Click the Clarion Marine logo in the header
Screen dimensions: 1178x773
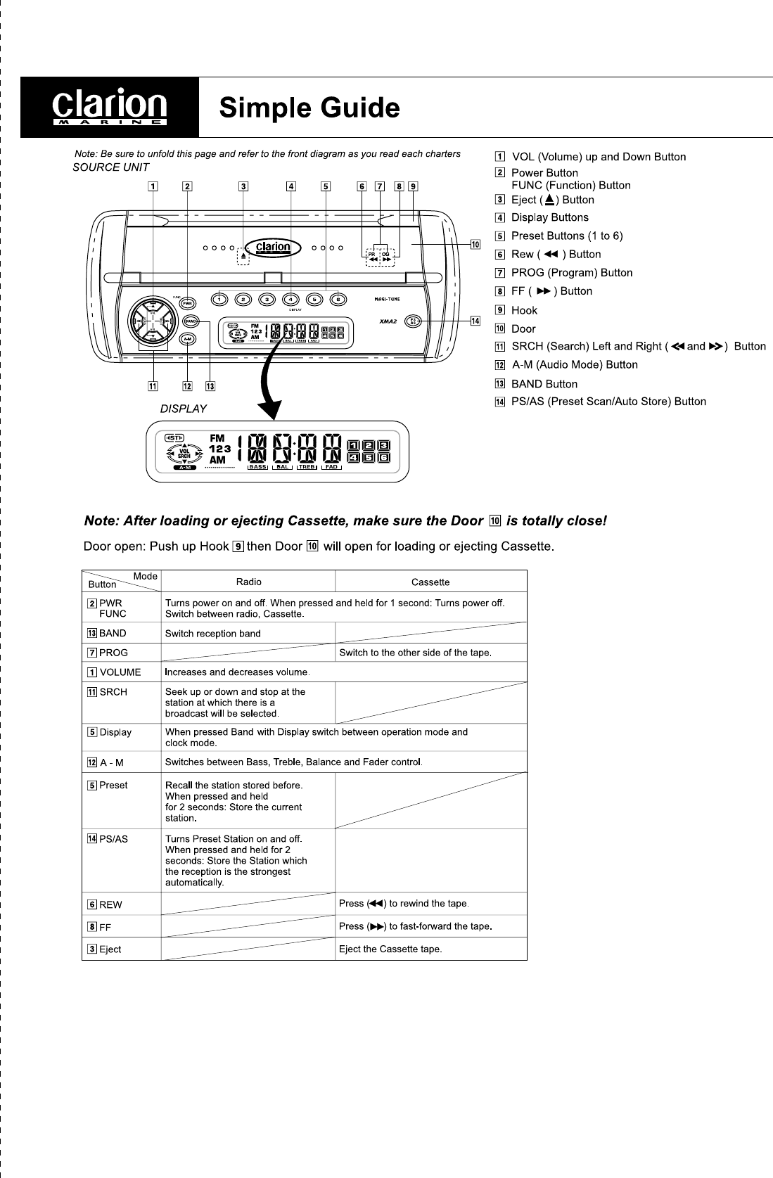tap(110, 107)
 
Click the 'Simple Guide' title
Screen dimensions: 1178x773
tap(309, 108)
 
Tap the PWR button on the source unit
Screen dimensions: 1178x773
tap(188, 303)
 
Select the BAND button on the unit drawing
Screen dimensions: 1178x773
tap(191, 321)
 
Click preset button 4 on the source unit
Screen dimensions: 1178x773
tap(291, 299)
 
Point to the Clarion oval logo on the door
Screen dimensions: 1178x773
tap(273, 247)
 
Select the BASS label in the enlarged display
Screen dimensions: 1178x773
tap(258, 467)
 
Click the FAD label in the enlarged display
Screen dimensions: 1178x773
tap(331, 467)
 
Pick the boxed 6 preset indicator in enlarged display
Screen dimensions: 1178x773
tap(384, 457)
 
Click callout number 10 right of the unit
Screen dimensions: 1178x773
tap(475, 244)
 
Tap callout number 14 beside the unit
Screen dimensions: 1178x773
tap(475, 321)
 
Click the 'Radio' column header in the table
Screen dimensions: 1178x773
tap(248, 582)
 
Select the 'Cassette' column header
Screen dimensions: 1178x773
tap(430, 582)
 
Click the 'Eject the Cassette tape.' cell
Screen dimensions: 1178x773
tap(390, 949)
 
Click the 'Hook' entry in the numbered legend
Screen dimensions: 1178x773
tap(524, 310)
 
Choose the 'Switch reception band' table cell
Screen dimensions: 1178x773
tap(212, 633)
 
